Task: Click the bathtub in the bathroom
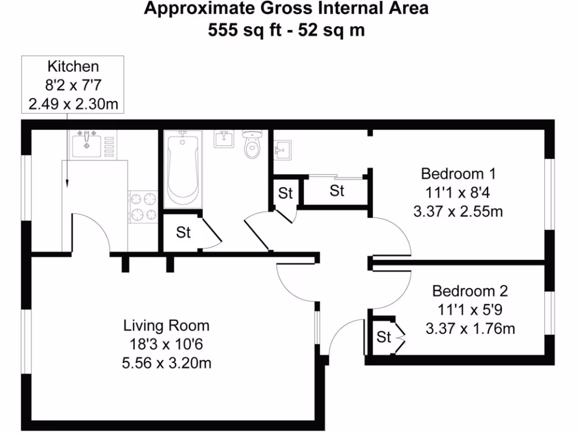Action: (182, 168)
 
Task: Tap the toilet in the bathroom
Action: (252, 144)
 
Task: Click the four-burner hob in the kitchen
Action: (143, 206)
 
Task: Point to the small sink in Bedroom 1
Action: (283, 150)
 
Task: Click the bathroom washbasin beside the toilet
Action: (224, 138)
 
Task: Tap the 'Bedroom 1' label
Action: (458, 173)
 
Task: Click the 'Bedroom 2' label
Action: (470, 291)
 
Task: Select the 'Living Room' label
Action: (167, 325)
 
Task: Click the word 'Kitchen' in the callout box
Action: (73, 67)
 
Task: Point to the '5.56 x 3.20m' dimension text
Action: (167, 363)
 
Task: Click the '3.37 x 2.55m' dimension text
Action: (458, 211)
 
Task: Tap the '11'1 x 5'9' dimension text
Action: (470, 310)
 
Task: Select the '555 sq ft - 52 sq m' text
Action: (286, 30)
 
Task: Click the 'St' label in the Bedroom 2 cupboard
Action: (384, 337)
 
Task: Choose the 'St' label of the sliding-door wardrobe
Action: (337, 191)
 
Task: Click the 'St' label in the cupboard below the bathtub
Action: (183, 232)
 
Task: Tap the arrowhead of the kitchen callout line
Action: (67, 184)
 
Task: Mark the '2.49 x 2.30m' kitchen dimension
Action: (73, 104)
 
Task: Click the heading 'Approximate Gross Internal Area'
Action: (286, 8)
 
